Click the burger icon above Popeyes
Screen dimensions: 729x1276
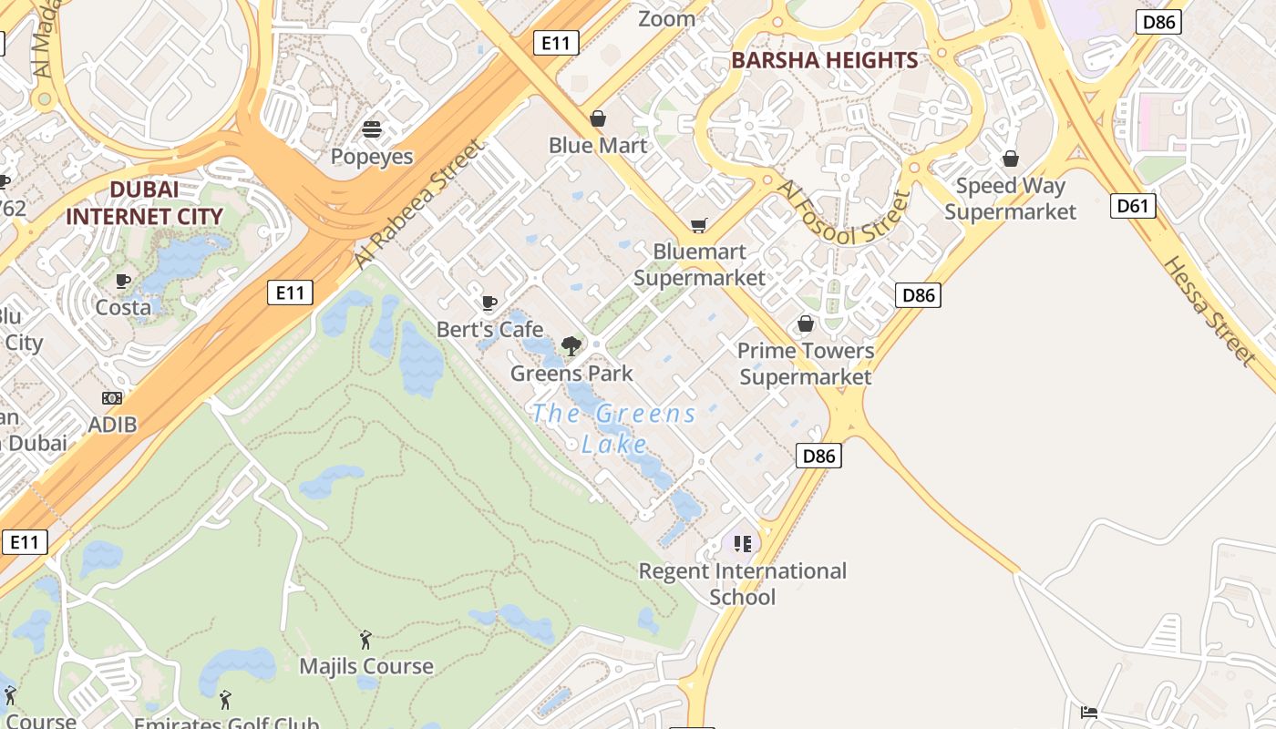(x=371, y=129)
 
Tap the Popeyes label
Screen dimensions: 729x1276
(x=371, y=157)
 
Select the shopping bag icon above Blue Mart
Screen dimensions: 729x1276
(x=598, y=118)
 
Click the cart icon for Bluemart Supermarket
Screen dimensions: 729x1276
(x=699, y=225)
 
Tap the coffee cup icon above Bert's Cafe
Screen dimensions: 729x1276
(x=489, y=303)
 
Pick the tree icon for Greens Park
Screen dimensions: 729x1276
(x=571, y=345)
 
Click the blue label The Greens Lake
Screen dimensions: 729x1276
(x=614, y=428)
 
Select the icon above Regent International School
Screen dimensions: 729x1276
(x=742, y=544)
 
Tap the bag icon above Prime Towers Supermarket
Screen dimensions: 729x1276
(x=805, y=323)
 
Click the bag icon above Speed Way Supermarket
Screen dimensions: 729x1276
(x=1010, y=159)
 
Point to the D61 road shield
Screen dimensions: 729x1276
(x=1133, y=206)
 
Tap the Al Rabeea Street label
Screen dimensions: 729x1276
(x=417, y=204)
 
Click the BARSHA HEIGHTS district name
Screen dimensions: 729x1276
(x=825, y=61)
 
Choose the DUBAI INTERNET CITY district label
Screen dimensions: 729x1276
(x=144, y=203)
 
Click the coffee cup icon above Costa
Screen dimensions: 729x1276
(x=123, y=281)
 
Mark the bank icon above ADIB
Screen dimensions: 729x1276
(x=112, y=398)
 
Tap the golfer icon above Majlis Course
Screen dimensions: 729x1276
(x=365, y=640)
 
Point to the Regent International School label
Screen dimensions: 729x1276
(x=742, y=584)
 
